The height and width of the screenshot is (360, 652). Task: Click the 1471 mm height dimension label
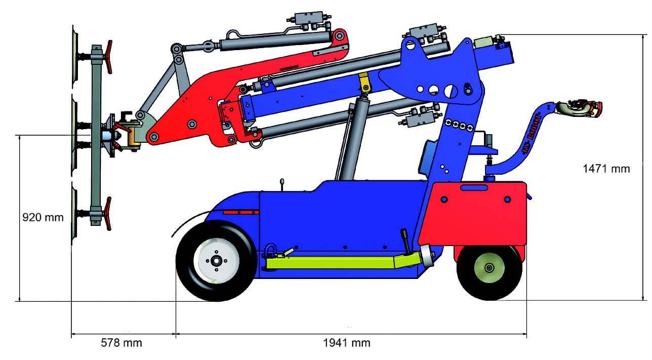tap(606, 169)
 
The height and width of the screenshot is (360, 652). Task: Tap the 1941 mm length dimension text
tap(347, 343)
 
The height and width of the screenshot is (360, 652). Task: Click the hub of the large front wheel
tap(216, 260)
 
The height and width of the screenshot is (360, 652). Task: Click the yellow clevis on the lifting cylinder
tap(364, 83)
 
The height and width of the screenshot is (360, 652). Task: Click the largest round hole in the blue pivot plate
tap(451, 91)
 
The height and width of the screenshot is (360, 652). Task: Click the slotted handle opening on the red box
tap(474, 188)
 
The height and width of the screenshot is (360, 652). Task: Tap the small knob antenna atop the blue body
tap(281, 182)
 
